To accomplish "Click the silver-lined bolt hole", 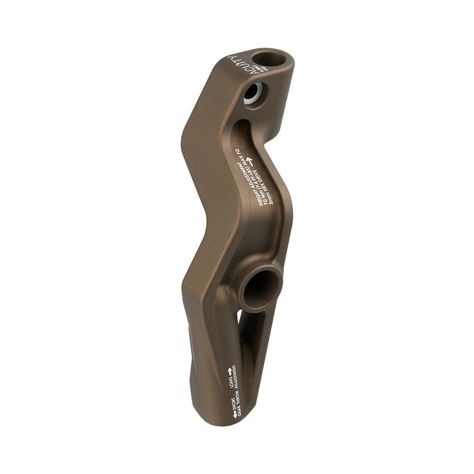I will click(x=255, y=94).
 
